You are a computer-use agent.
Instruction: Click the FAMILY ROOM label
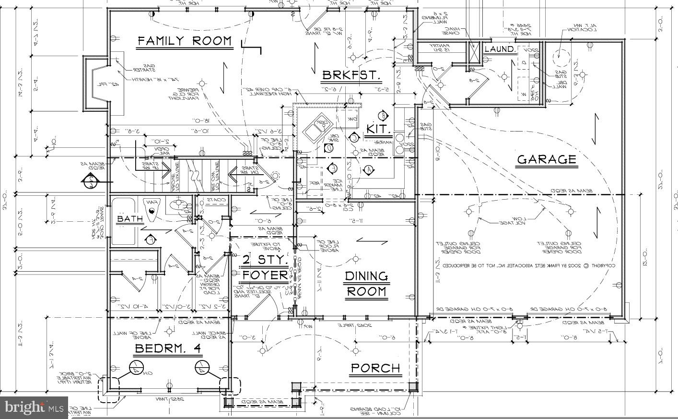point(185,41)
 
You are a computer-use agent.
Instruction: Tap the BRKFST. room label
point(351,75)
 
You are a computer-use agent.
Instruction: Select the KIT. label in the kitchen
point(379,130)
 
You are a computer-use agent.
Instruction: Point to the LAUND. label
point(500,49)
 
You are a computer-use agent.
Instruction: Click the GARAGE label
point(546,160)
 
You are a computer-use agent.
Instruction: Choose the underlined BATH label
point(130,219)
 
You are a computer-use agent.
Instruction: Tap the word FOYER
point(265,275)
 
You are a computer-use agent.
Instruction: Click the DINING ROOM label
point(366,284)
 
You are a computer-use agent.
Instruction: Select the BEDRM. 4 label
point(167,349)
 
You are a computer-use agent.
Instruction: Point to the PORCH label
point(375,369)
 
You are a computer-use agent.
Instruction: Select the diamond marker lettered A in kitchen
point(369,169)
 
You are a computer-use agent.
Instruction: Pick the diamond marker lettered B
point(384,115)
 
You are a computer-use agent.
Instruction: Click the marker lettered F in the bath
point(150,238)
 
